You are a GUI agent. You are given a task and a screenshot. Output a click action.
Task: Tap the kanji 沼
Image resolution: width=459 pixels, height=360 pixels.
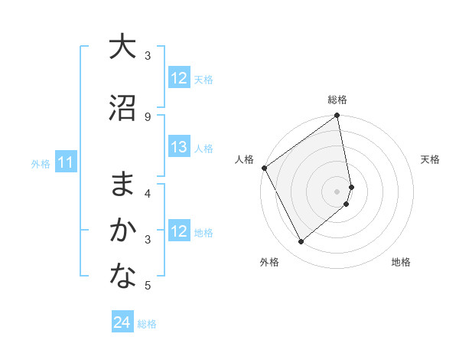coord(122,108)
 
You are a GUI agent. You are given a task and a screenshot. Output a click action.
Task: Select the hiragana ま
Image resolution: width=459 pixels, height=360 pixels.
coord(122,185)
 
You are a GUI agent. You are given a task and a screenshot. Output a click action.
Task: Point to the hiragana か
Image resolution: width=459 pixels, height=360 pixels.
coord(122,230)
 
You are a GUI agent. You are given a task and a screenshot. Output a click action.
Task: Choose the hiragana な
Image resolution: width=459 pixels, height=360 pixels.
coord(122,277)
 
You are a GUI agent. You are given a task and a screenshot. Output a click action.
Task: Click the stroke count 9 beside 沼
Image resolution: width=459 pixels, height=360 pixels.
coord(148,116)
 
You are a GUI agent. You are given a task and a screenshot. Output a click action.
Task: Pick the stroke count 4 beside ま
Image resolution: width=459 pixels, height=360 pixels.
coord(148,193)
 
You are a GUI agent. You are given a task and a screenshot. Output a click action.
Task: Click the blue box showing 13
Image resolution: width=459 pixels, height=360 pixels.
coord(178,147)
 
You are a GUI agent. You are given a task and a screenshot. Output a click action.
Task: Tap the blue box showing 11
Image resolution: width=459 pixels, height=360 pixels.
coord(65,162)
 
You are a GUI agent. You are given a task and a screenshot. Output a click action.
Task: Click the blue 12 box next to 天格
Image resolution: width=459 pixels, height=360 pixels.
coord(178,78)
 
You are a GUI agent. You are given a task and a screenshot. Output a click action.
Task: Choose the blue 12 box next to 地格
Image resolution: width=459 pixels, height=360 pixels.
coord(178,231)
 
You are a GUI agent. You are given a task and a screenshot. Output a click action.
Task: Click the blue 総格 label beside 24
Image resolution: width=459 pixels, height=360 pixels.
coord(147,324)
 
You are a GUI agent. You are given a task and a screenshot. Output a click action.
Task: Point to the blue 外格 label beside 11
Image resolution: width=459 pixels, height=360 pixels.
coord(40,163)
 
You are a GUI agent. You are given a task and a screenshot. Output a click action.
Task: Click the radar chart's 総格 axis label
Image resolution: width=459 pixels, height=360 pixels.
coord(337,100)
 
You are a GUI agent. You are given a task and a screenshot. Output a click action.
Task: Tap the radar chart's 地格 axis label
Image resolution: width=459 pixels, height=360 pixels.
coord(401,263)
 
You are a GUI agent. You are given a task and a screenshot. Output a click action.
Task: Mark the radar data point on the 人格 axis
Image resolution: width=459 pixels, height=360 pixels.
coord(264,168)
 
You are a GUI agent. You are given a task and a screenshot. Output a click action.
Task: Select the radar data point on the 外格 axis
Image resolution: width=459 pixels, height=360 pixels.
coord(301,242)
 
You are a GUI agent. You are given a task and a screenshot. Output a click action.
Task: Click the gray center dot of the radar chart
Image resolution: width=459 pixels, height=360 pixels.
coord(337,191)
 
